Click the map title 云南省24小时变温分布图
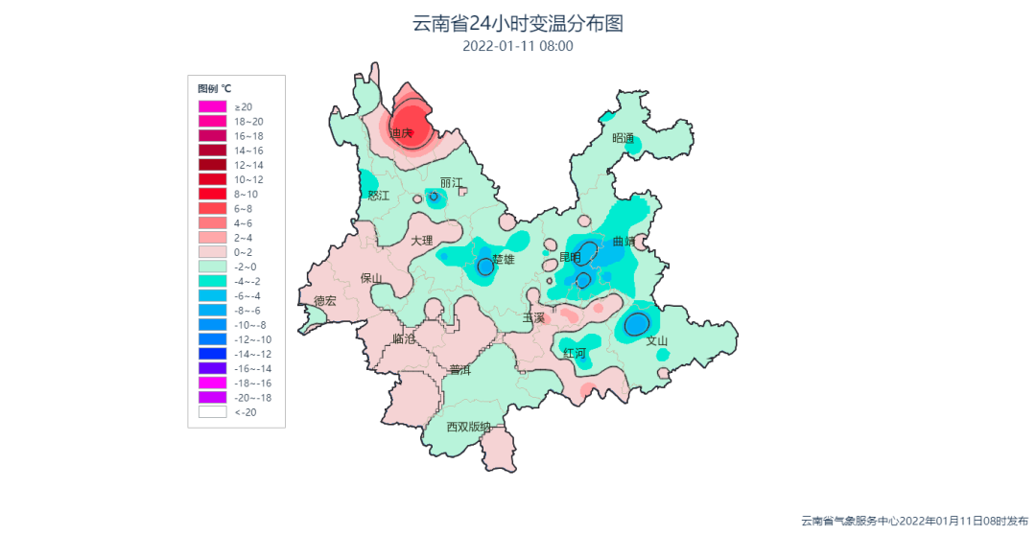click(517, 23)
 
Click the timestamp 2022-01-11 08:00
click(517, 45)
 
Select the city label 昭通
click(624, 138)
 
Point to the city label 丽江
click(451, 182)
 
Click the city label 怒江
click(379, 196)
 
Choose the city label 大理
click(422, 240)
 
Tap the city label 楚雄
click(504, 259)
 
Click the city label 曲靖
click(624, 242)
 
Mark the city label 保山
click(371, 278)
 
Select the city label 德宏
click(325, 301)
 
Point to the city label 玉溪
click(533, 317)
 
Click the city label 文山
click(656, 340)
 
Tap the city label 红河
click(575, 353)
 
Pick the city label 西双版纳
click(469, 427)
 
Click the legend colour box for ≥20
click(212, 106)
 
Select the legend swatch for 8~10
click(212, 194)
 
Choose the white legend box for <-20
click(212, 411)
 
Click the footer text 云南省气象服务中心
click(850, 521)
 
